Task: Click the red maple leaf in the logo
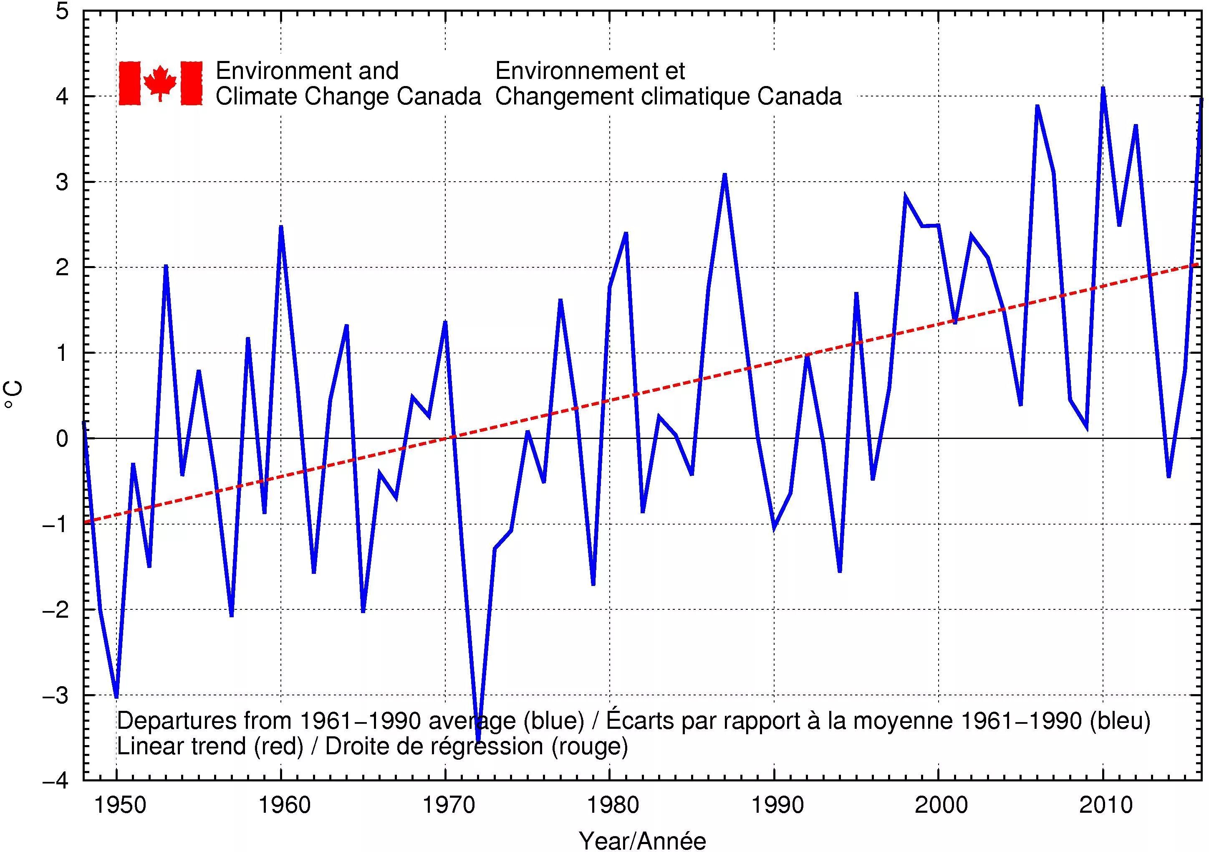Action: (160, 83)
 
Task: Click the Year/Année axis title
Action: (642, 840)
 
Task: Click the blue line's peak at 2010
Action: (1103, 89)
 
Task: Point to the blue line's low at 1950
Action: (116, 696)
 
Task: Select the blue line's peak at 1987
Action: (724, 175)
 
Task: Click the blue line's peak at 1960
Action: (281, 227)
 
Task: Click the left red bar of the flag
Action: (129, 83)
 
